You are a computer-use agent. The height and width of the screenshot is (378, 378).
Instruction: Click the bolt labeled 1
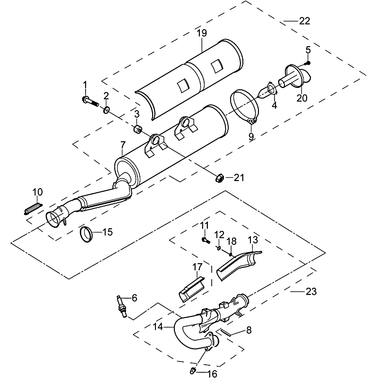coord(89,100)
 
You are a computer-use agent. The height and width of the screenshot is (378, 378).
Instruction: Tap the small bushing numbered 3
coord(137,128)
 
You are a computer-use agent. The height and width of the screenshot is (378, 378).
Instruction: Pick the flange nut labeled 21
coord(219,178)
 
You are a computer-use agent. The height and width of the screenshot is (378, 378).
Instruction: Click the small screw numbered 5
coord(307,61)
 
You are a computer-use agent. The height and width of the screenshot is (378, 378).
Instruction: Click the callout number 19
coord(202,34)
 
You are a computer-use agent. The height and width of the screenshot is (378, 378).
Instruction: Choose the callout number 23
coord(311,292)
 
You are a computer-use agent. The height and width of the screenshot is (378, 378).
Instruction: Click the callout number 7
coord(123,144)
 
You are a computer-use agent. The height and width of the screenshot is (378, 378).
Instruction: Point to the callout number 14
coord(158,326)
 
